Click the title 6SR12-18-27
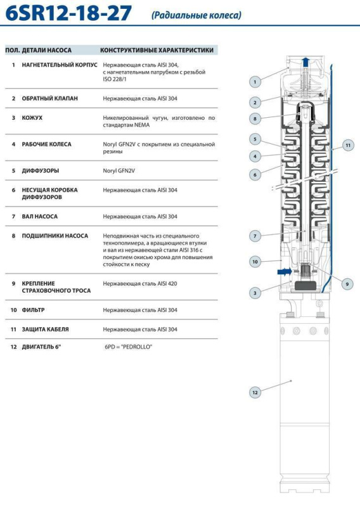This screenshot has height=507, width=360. [68, 13]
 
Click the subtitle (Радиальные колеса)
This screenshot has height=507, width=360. [196, 15]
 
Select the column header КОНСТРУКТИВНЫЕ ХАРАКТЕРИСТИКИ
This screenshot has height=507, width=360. [157, 50]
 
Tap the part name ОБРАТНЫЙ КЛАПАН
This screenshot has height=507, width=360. [50, 98]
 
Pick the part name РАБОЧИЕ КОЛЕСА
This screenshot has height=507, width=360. [46, 144]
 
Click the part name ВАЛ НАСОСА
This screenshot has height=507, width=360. [39, 216]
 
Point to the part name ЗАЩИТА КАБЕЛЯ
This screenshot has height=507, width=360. [45, 329]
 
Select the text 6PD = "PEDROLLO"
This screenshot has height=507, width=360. [129, 347]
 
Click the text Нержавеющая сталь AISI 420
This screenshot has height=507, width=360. [140, 283]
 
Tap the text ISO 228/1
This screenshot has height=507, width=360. [115, 79]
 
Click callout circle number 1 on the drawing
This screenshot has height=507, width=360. [255, 82]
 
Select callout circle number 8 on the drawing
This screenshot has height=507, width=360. [255, 119]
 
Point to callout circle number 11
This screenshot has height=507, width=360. [348, 145]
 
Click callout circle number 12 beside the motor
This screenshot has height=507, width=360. [255, 392]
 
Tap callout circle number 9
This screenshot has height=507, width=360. [347, 284]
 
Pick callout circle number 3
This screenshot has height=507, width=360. [255, 293]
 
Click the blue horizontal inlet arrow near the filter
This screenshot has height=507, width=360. [285, 272]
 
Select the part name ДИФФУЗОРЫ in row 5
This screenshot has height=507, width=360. [41, 170]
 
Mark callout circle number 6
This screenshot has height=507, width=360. [255, 175]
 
